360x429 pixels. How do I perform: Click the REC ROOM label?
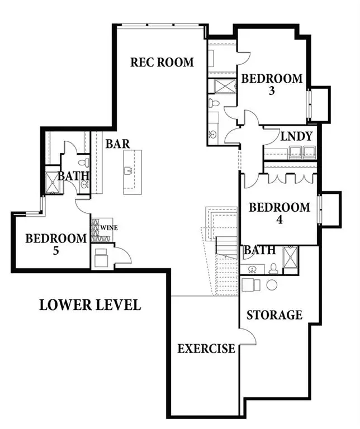pos(162,61)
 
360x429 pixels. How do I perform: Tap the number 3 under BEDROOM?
pos(272,91)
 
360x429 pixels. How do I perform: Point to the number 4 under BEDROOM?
pos(280,220)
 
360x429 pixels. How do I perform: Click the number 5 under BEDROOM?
pos(56,251)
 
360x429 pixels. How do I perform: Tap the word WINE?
pos(108,228)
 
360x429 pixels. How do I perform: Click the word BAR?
pos(117,144)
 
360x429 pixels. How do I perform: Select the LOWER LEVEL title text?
pos(89,305)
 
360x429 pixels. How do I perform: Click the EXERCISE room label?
pos(206,349)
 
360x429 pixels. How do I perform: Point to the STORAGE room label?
pos(274,315)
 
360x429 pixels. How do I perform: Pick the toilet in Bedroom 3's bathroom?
pos(213,103)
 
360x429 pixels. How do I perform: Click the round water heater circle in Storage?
pos(272,285)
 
